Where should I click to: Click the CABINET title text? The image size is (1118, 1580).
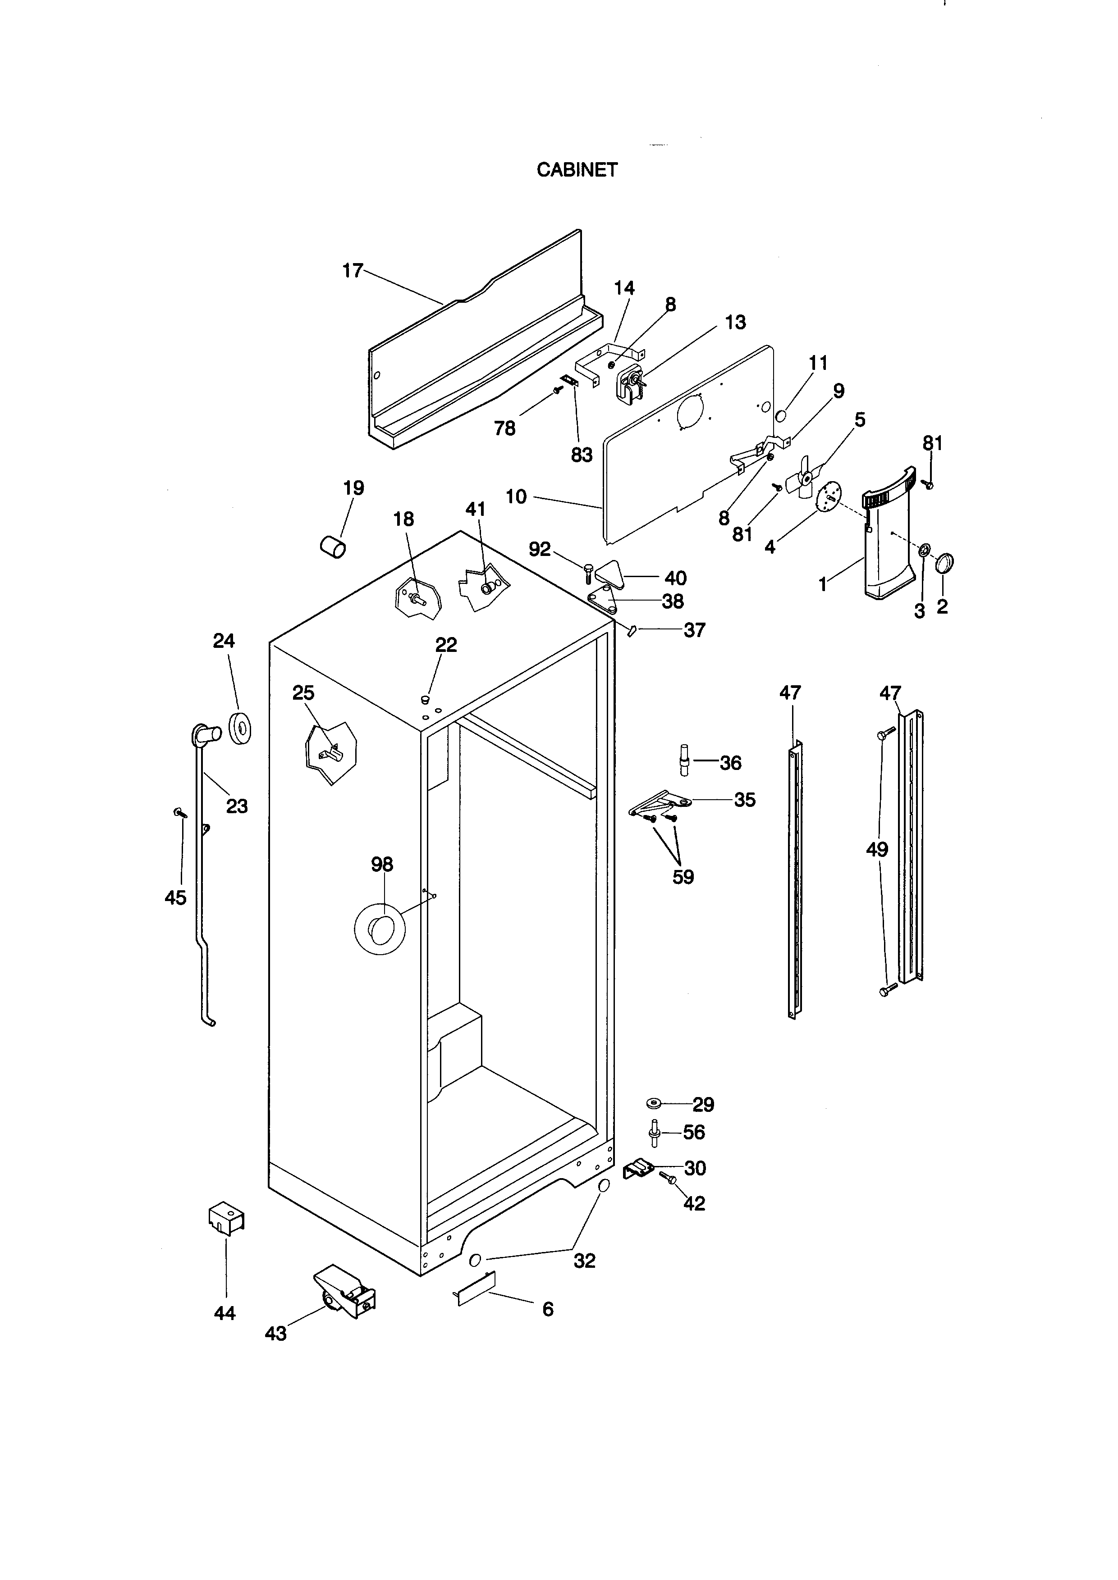pyautogui.click(x=577, y=170)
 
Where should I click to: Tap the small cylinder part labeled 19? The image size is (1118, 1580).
pyautogui.click(x=333, y=548)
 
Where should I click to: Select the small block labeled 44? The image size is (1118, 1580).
pyautogui.click(x=226, y=1218)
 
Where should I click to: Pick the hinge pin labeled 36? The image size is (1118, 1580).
pyautogui.click(x=684, y=759)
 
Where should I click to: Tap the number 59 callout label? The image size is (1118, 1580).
pyautogui.click(x=683, y=877)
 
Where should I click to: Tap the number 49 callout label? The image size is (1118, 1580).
pyautogui.click(x=877, y=850)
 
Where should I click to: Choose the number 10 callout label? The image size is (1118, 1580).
pyautogui.click(x=516, y=496)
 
